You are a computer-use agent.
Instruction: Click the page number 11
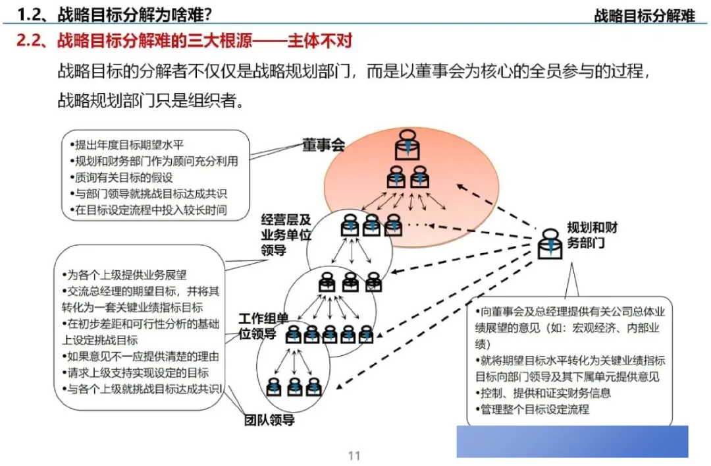pyautogui.click(x=354, y=455)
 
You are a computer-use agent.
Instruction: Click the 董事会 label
pyautogui.click(x=323, y=144)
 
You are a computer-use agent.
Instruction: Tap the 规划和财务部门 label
pyautogui.click(x=592, y=235)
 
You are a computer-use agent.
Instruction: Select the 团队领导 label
pyautogui.click(x=269, y=419)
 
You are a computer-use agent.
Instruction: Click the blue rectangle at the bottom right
pyautogui.click(x=572, y=441)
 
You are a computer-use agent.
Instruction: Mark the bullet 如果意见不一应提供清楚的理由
pyautogui.click(x=142, y=357)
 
